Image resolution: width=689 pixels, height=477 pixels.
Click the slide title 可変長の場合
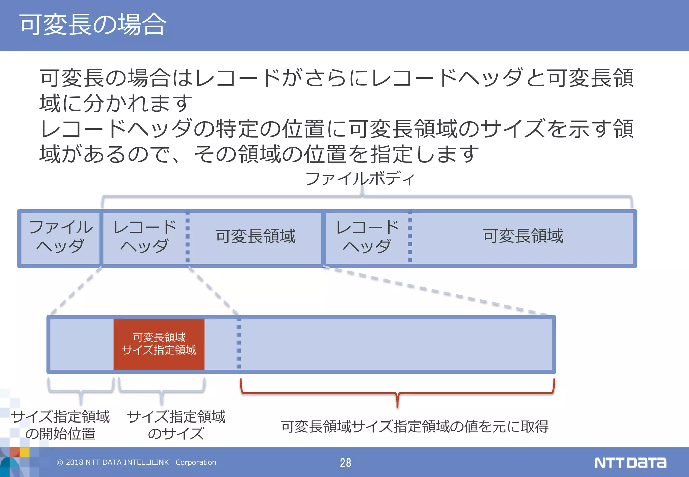[x=93, y=25]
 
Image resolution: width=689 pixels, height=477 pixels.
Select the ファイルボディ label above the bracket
[x=360, y=178]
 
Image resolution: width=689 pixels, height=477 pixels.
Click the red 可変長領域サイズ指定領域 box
[x=159, y=344]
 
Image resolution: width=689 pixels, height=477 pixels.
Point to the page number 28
[x=345, y=463]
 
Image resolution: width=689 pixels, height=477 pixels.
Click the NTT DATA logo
[x=630, y=463]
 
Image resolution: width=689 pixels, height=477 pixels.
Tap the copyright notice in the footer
[x=136, y=462]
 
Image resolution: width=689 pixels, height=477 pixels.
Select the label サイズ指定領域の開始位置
[x=61, y=425]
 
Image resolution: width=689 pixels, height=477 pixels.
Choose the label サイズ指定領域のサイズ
[x=176, y=425]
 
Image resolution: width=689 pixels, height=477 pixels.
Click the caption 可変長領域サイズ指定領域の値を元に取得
[x=414, y=427]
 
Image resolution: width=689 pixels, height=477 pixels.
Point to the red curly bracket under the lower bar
[x=397, y=392]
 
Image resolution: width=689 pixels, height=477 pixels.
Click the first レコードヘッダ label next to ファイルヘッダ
[x=145, y=237]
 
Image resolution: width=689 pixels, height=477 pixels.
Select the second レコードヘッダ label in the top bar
[x=367, y=237]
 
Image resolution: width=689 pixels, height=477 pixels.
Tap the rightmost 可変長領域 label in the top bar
[x=523, y=236]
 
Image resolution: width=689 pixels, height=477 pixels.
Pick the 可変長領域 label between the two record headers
[x=255, y=236]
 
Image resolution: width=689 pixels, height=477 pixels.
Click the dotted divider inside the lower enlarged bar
[x=239, y=345]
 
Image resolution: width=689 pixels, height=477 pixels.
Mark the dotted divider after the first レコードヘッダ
[x=188, y=237]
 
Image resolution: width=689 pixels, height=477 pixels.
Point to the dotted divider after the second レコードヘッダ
[x=410, y=237]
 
